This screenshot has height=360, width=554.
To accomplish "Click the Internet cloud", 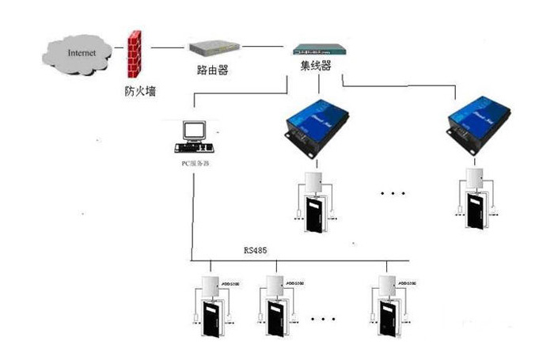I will click(82, 54).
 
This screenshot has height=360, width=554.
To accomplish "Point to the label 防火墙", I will click(140, 91).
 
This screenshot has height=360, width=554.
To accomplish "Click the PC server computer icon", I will click(192, 137).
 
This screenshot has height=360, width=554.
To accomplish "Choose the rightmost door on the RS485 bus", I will click(387, 321).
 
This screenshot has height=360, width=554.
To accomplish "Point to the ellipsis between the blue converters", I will click(393, 192).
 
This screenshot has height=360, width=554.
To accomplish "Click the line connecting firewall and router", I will click(168, 48).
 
